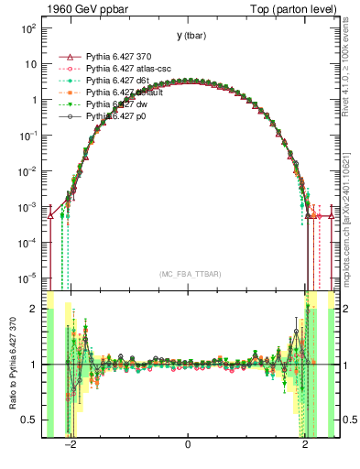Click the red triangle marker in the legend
pos(65,57)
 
